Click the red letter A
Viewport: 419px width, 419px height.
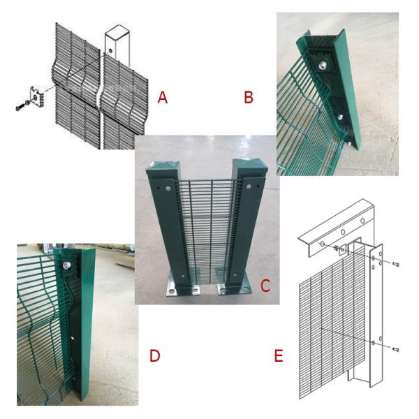163,97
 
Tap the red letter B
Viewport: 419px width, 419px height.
249,97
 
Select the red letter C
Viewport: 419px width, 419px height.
265,286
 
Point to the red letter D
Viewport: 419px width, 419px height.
155,355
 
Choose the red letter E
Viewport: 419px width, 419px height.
279,355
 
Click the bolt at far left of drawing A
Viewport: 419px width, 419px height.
20,108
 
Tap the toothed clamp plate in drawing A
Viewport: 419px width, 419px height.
36,97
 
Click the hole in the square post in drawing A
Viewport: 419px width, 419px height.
110,50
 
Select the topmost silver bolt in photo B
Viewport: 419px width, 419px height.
323,64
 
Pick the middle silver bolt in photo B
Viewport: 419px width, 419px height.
340,117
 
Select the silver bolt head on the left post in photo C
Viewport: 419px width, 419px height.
168,189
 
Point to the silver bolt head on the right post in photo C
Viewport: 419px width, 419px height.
249,186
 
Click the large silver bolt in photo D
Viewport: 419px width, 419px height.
66,265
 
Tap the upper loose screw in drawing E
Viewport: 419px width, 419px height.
396,265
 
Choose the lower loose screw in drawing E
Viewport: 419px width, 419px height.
396,349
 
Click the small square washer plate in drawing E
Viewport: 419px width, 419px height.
342,251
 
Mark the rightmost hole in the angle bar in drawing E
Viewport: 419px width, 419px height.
362,221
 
